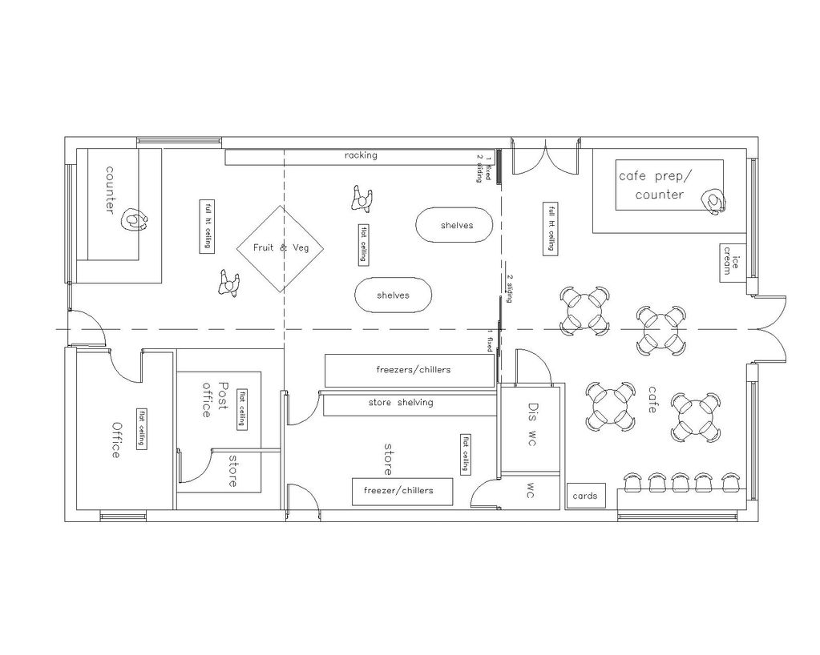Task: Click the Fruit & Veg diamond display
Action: (x=281, y=248)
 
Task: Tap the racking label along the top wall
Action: (x=361, y=155)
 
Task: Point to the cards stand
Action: (x=584, y=496)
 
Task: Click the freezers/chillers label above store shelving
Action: (x=413, y=370)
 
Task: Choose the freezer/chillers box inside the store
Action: (x=402, y=491)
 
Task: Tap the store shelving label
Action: (x=400, y=402)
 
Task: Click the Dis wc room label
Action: (x=531, y=424)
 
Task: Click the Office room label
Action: (x=115, y=440)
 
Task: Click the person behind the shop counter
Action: (x=134, y=219)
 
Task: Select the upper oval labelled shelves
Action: (x=456, y=225)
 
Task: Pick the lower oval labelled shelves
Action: (x=393, y=295)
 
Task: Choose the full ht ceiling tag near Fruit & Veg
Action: (x=206, y=226)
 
